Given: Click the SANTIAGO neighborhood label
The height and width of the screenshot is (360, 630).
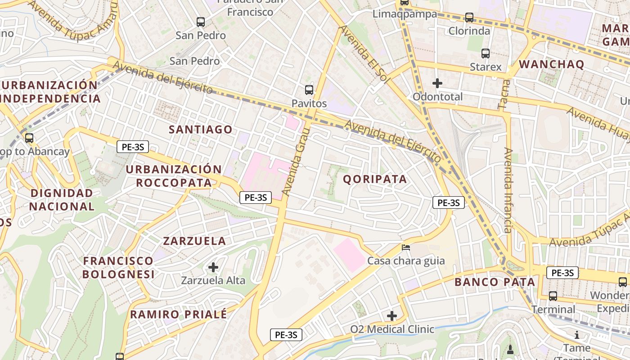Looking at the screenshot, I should pos(201,130).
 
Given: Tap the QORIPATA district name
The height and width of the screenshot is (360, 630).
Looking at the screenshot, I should pos(375,179).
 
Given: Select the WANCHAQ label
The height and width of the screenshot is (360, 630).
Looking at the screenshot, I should pos(552,64).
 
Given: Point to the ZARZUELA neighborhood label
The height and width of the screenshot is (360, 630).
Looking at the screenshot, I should pos(194,241).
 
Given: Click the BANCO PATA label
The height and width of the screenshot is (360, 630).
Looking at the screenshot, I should pos(495,282).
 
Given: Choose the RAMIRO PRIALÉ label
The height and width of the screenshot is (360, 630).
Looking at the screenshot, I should pos(179,314).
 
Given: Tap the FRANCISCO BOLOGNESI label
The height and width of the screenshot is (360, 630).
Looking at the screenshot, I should pos(118,267).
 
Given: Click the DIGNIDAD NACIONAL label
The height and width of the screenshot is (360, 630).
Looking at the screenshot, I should pos(62,200).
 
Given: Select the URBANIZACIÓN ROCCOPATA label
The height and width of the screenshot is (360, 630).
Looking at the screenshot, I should pos(174,176).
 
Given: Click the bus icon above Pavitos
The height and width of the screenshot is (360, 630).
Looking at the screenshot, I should pos(309,90).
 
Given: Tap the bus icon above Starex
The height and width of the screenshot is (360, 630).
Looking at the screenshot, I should pos(486,54).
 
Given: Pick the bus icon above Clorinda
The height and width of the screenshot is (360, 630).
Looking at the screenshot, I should pos(469,18).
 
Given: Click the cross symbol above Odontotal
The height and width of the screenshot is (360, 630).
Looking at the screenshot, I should pos(437,83).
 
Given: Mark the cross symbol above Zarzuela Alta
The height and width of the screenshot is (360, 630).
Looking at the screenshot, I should pos(213,268).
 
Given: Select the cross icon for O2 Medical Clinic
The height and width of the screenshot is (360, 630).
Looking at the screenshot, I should pos(392,316).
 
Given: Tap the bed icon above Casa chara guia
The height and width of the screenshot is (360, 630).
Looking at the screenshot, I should pos(406,247).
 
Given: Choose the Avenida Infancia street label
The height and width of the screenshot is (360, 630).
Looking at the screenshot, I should pos(508,190).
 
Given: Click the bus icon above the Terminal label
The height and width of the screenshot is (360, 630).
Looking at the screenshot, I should pos(553,296).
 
